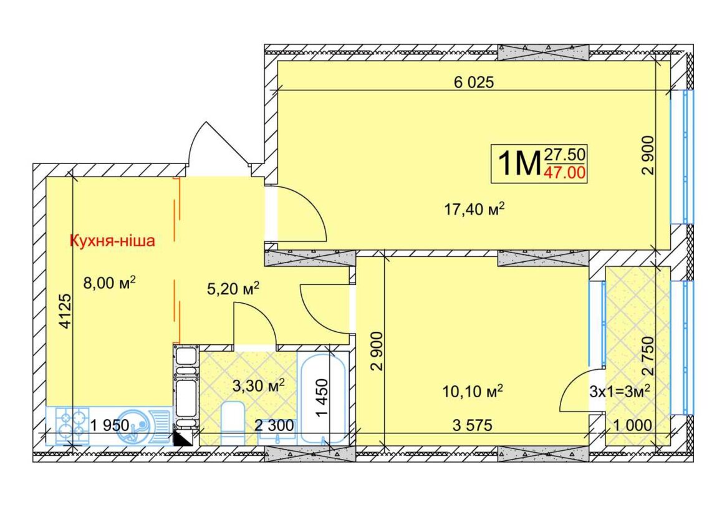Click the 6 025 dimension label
[474, 82]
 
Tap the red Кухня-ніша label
[112, 241]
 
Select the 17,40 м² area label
[474, 209]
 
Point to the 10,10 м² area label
[473, 391]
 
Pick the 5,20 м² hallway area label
[233, 289]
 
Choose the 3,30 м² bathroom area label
[258, 385]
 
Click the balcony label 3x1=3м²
[620, 392]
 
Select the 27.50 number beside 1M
[565, 155]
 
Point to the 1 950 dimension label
[110, 426]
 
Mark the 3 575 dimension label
[473, 426]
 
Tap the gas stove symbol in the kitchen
[72, 426]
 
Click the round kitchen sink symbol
[133, 426]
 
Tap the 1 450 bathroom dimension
[322, 397]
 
